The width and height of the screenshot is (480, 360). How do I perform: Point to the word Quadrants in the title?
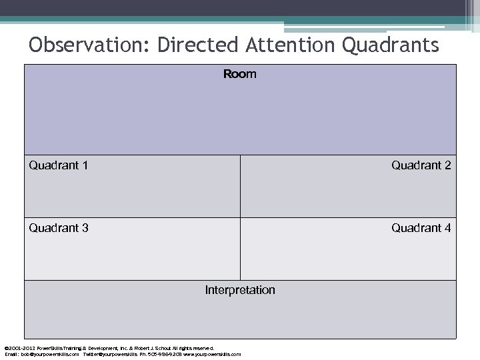tap(391, 45)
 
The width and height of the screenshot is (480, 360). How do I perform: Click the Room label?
tap(239, 75)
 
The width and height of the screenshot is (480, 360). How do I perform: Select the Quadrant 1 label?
tap(59, 165)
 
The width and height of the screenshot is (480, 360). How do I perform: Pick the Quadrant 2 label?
tap(421, 165)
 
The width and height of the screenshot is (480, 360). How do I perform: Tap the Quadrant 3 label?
tap(59, 228)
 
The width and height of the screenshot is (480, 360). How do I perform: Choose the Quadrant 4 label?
tap(421, 228)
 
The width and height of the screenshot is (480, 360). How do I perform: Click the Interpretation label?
tap(239, 290)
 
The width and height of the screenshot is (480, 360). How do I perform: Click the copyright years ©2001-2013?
tap(18, 348)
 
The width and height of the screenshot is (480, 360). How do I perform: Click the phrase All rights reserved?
tap(197, 348)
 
